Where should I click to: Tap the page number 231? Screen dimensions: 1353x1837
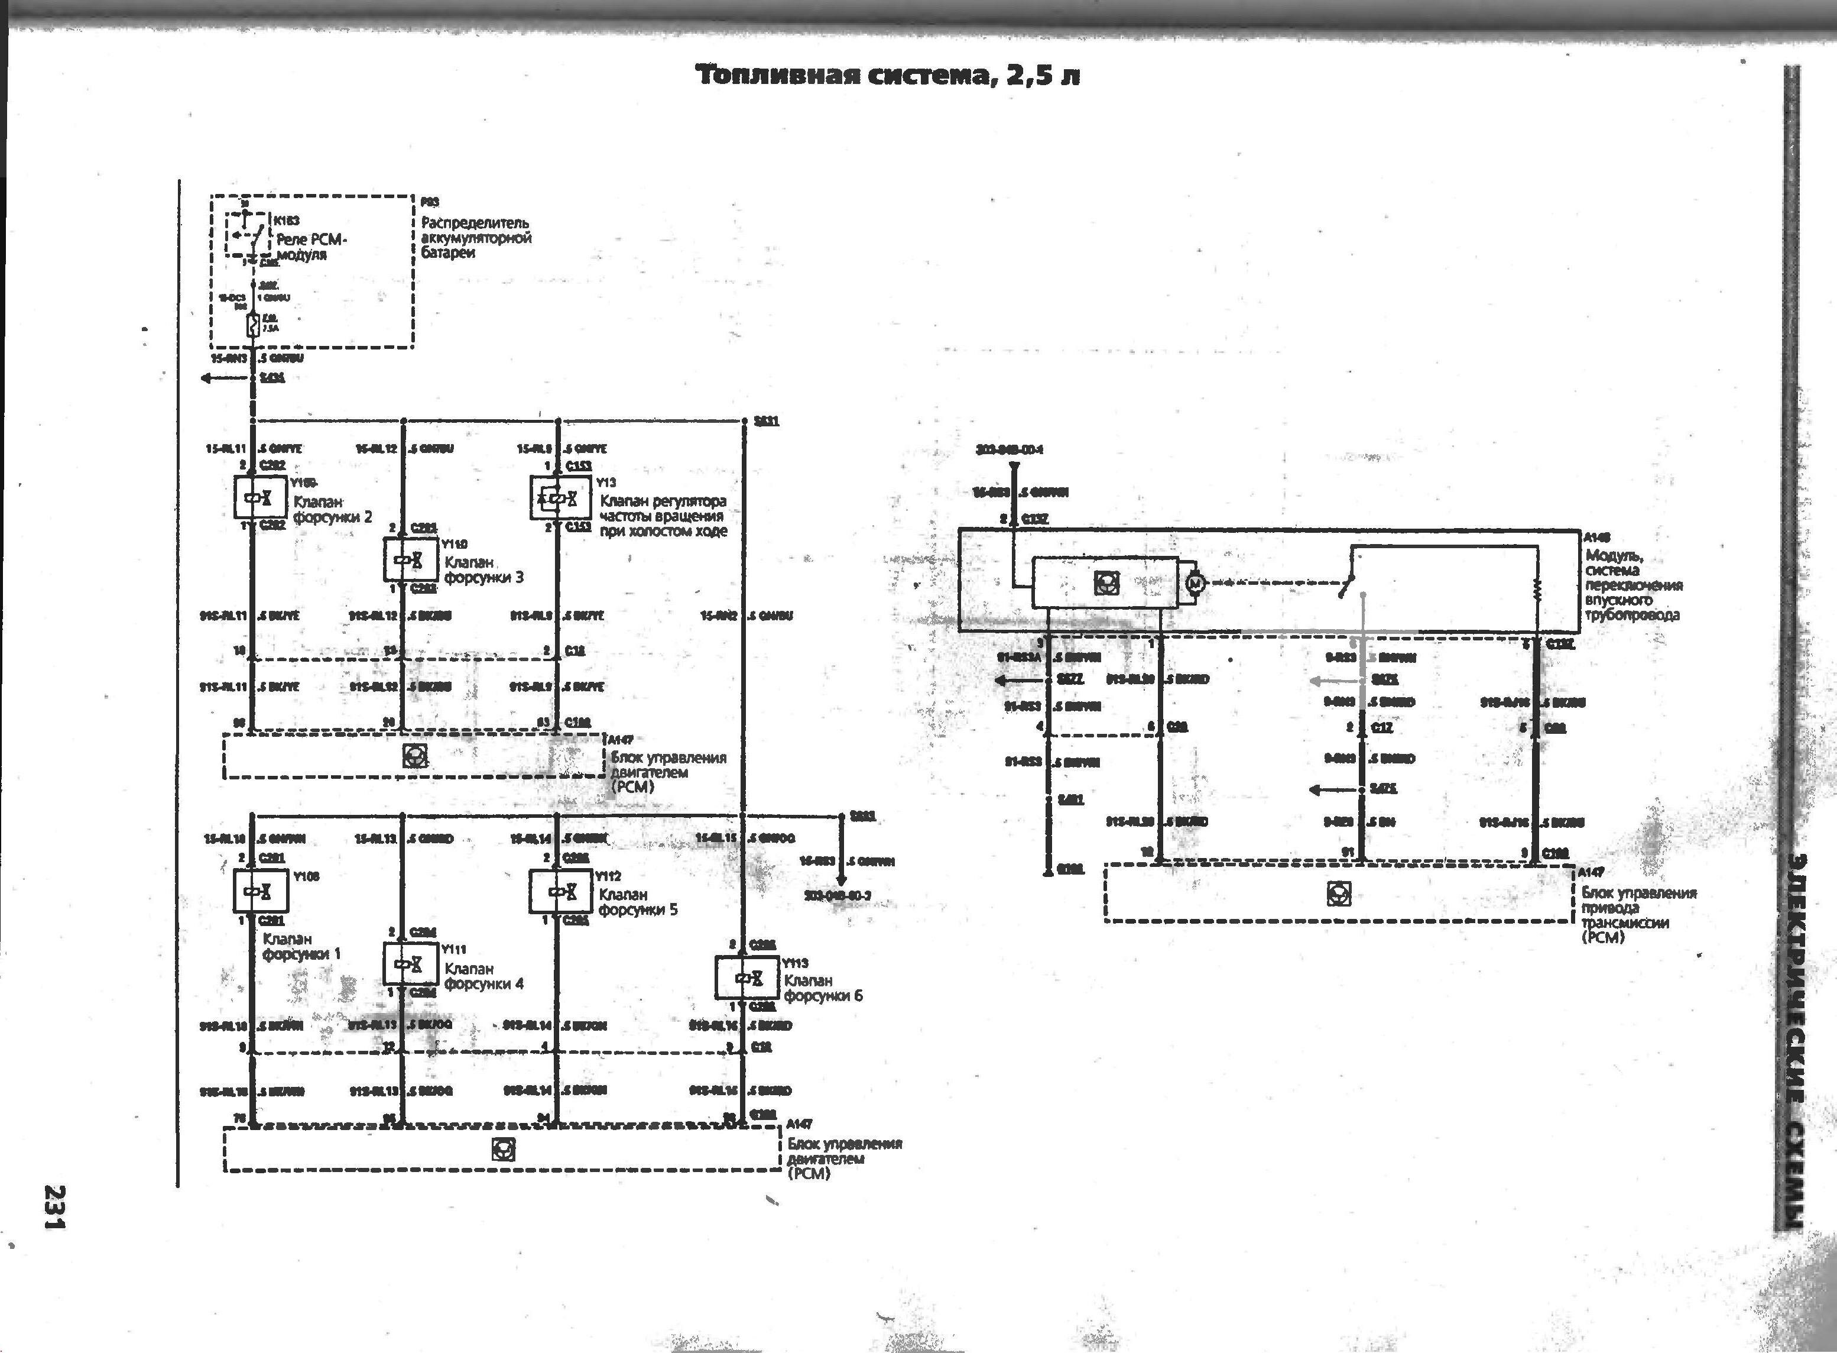click(56, 1206)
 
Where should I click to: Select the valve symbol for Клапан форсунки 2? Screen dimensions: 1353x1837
click(260, 498)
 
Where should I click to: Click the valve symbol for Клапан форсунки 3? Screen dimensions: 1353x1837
click(411, 560)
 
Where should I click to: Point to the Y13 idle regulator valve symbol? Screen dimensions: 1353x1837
click(559, 498)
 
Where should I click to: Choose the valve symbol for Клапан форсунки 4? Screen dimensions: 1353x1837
click(411, 964)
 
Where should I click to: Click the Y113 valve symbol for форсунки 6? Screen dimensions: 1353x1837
click(747, 977)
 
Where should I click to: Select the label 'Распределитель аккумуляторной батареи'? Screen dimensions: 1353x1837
click(476, 238)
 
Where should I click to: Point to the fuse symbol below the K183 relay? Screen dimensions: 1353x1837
click(254, 325)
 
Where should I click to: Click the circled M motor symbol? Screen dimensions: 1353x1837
click(1195, 583)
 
